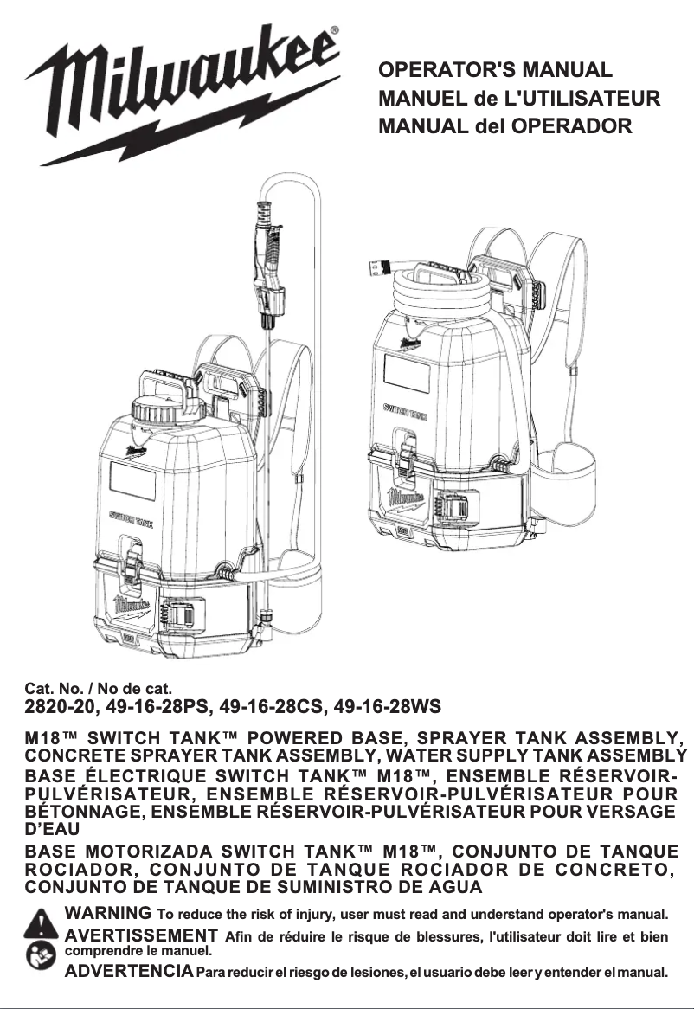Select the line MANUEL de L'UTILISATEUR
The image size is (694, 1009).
519,98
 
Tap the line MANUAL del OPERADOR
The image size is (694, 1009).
505,126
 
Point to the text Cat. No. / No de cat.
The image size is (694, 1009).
99,690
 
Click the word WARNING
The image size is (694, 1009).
108,913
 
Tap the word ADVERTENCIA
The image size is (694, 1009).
130,971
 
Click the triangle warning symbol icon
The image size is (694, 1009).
41,923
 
